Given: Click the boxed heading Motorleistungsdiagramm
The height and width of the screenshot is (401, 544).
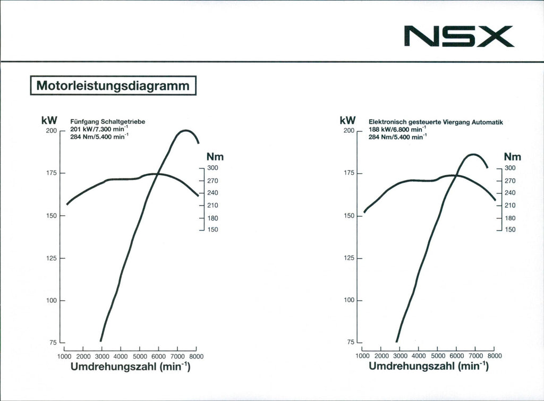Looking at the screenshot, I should pos(113,86).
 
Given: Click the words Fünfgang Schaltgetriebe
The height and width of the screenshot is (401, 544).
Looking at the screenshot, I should pos(107,122).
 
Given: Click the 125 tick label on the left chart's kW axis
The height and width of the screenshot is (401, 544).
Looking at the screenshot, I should pos(51,258).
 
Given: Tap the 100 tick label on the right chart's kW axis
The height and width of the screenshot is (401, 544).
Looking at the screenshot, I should pos(349,301).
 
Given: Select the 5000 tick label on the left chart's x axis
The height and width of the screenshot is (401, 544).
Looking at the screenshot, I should pos(140,356).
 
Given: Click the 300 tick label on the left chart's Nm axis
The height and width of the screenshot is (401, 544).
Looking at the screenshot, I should pos(212,168).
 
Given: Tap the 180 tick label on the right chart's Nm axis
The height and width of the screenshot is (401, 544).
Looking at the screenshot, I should pos(510,218).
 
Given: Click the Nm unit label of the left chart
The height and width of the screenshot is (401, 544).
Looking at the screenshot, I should pos(215,157).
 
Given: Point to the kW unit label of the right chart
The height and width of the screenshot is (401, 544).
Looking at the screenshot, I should pos(347,121).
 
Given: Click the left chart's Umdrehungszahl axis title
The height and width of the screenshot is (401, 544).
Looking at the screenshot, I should pos(130,366).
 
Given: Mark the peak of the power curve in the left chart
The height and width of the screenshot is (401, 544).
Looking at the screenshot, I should pos(185,130).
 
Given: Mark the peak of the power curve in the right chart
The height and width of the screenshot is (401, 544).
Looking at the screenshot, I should pos(472,154).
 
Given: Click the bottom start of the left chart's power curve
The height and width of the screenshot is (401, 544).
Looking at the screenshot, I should pos(100,341).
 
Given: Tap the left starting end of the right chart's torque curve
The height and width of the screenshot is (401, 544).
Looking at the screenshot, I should pos(364,212).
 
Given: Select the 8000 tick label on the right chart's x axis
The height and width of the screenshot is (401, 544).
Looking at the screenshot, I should pos(494,356).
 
